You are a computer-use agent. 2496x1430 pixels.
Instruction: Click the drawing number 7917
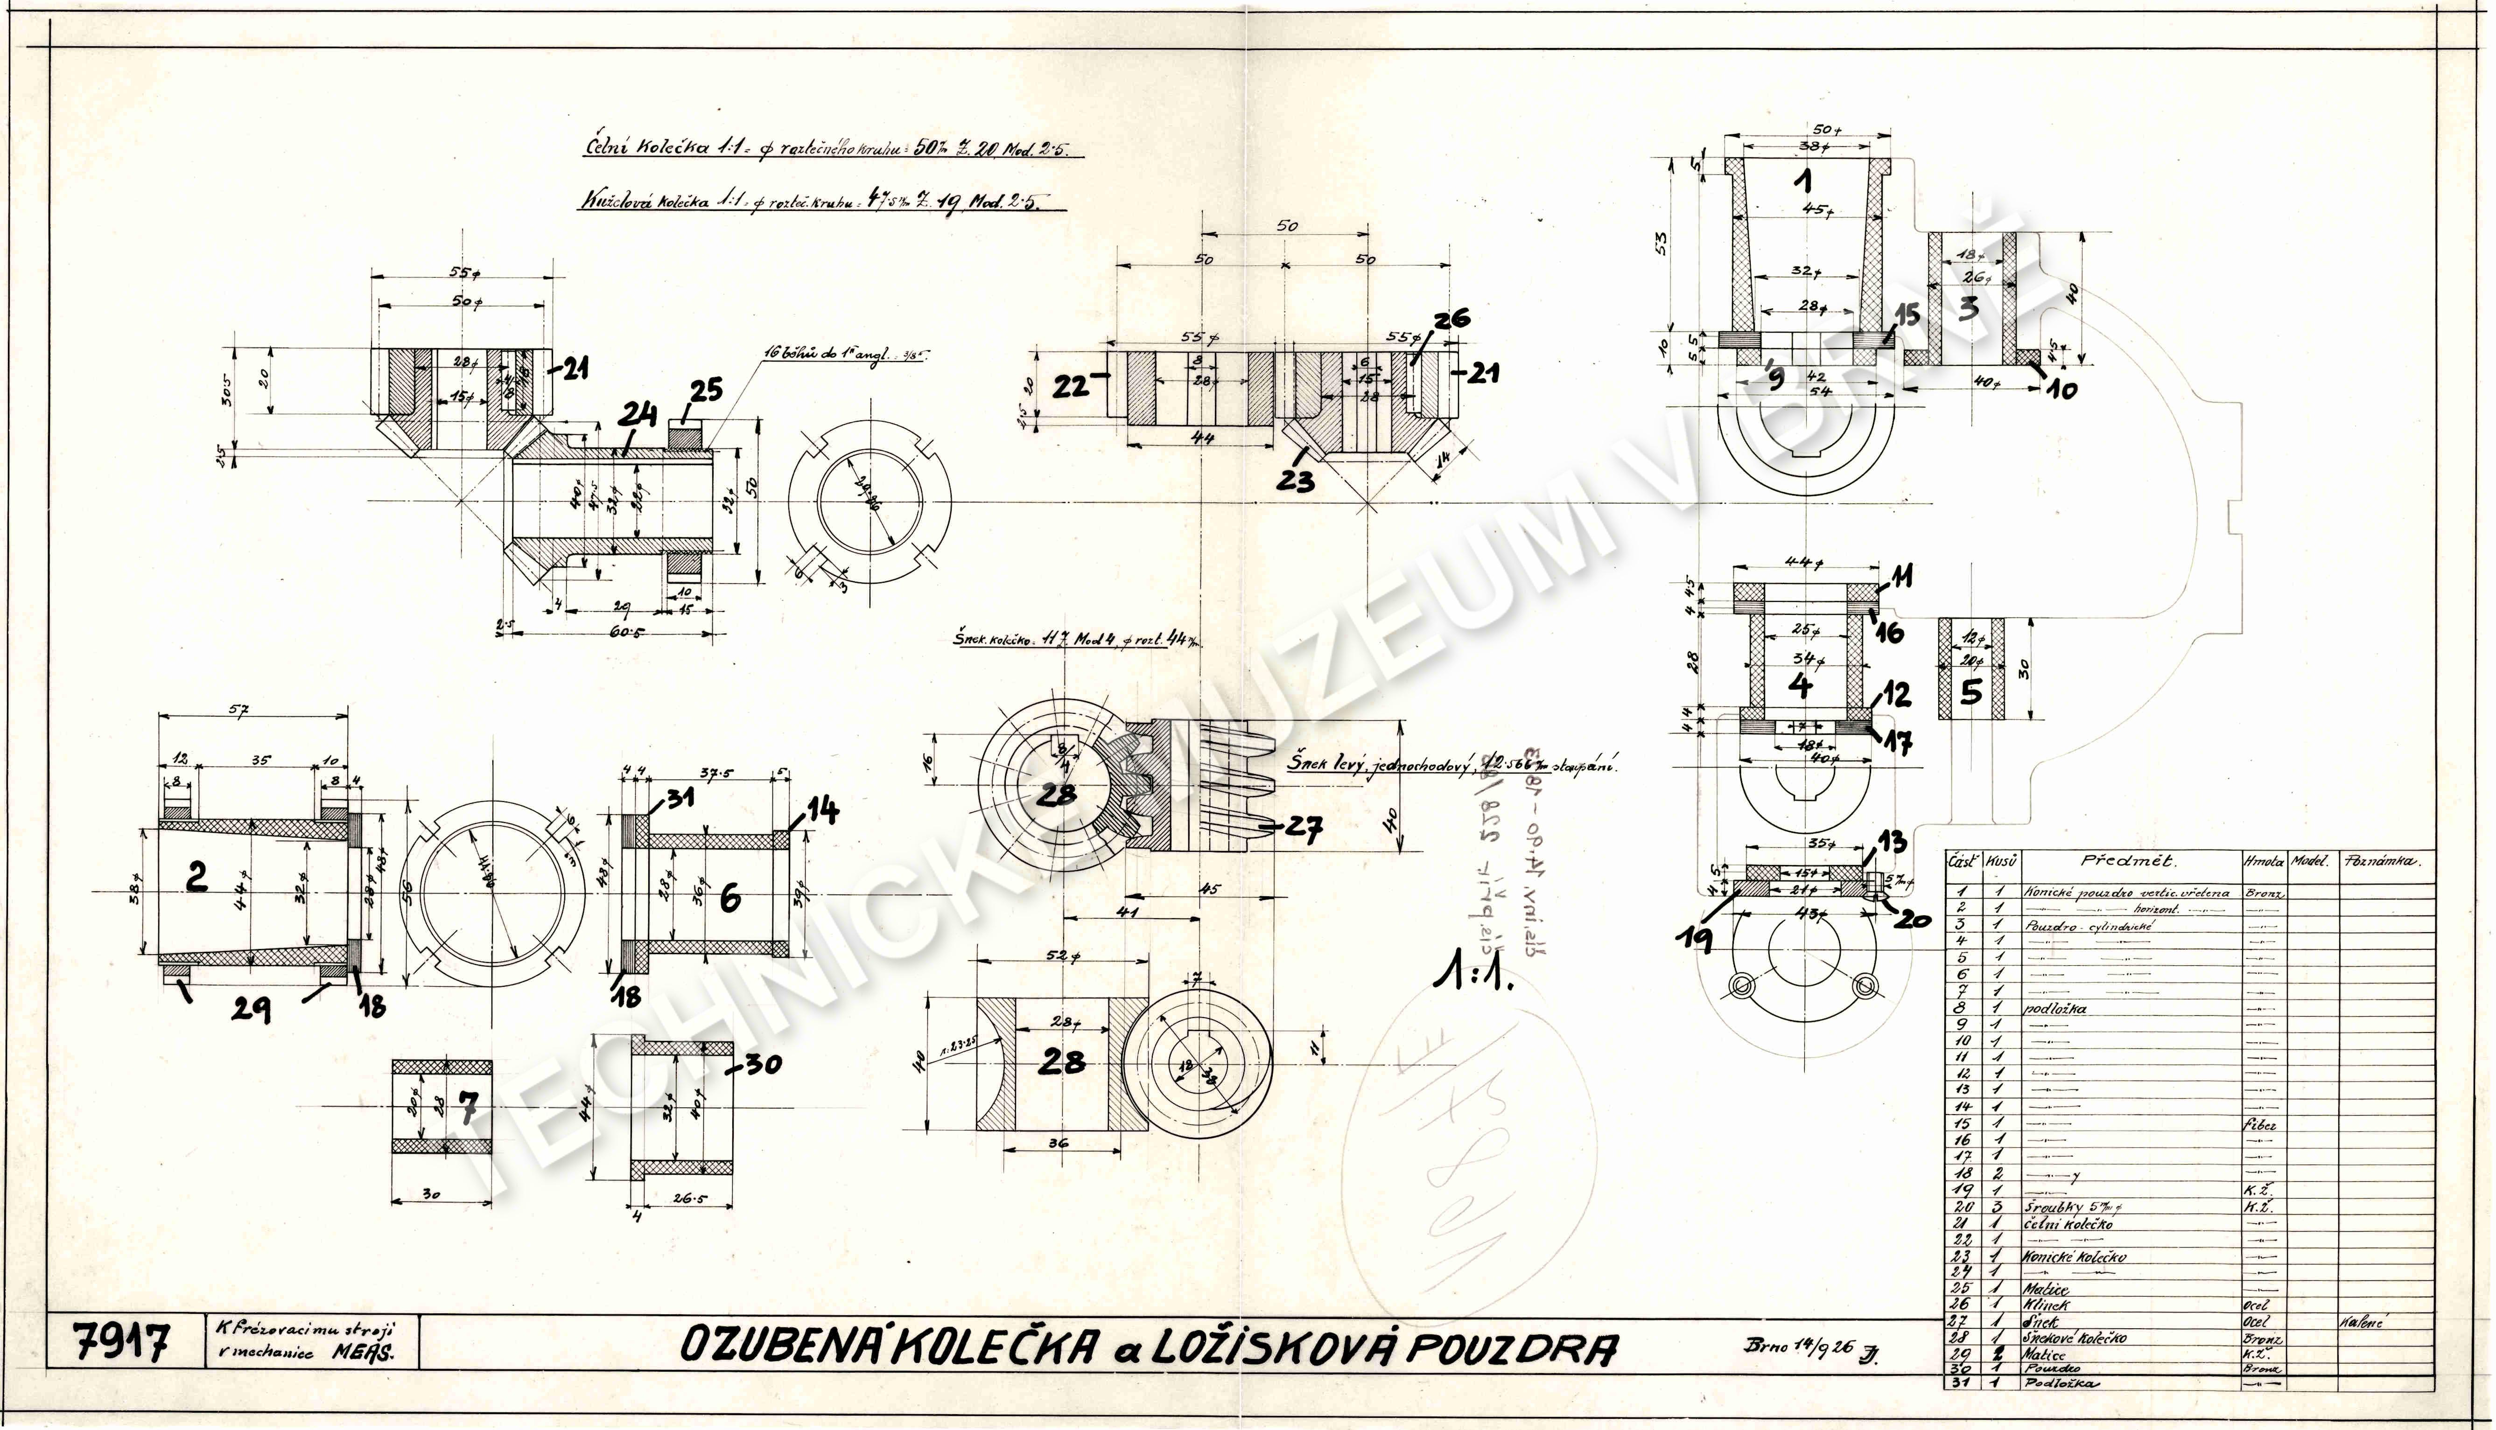(x=122, y=1342)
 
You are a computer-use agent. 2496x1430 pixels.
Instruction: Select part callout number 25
(x=705, y=391)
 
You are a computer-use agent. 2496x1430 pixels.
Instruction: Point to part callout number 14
(x=823, y=810)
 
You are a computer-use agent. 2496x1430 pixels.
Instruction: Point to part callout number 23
(x=1296, y=480)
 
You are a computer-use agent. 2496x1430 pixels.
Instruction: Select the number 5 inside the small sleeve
(x=1970, y=692)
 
